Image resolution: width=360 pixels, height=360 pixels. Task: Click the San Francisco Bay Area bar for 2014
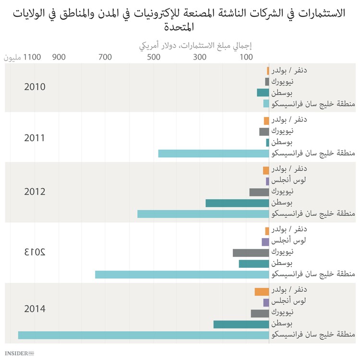click(143, 335)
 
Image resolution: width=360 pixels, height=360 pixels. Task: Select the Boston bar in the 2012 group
click(237, 203)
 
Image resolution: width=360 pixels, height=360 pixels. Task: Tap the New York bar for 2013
click(251, 252)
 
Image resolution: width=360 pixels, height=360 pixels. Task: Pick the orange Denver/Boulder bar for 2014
click(262, 291)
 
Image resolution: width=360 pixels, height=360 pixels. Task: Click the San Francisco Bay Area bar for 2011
click(213, 154)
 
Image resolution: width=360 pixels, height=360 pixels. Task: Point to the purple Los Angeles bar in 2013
click(265, 242)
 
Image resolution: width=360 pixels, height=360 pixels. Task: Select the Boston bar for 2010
click(263, 93)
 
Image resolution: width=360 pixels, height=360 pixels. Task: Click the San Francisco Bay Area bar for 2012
click(203, 214)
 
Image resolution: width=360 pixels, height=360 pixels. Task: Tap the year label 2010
click(35, 87)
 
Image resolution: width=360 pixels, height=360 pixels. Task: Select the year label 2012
click(35, 192)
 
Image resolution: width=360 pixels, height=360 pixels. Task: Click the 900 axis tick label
click(59, 58)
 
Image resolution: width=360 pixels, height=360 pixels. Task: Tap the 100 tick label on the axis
click(246, 58)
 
